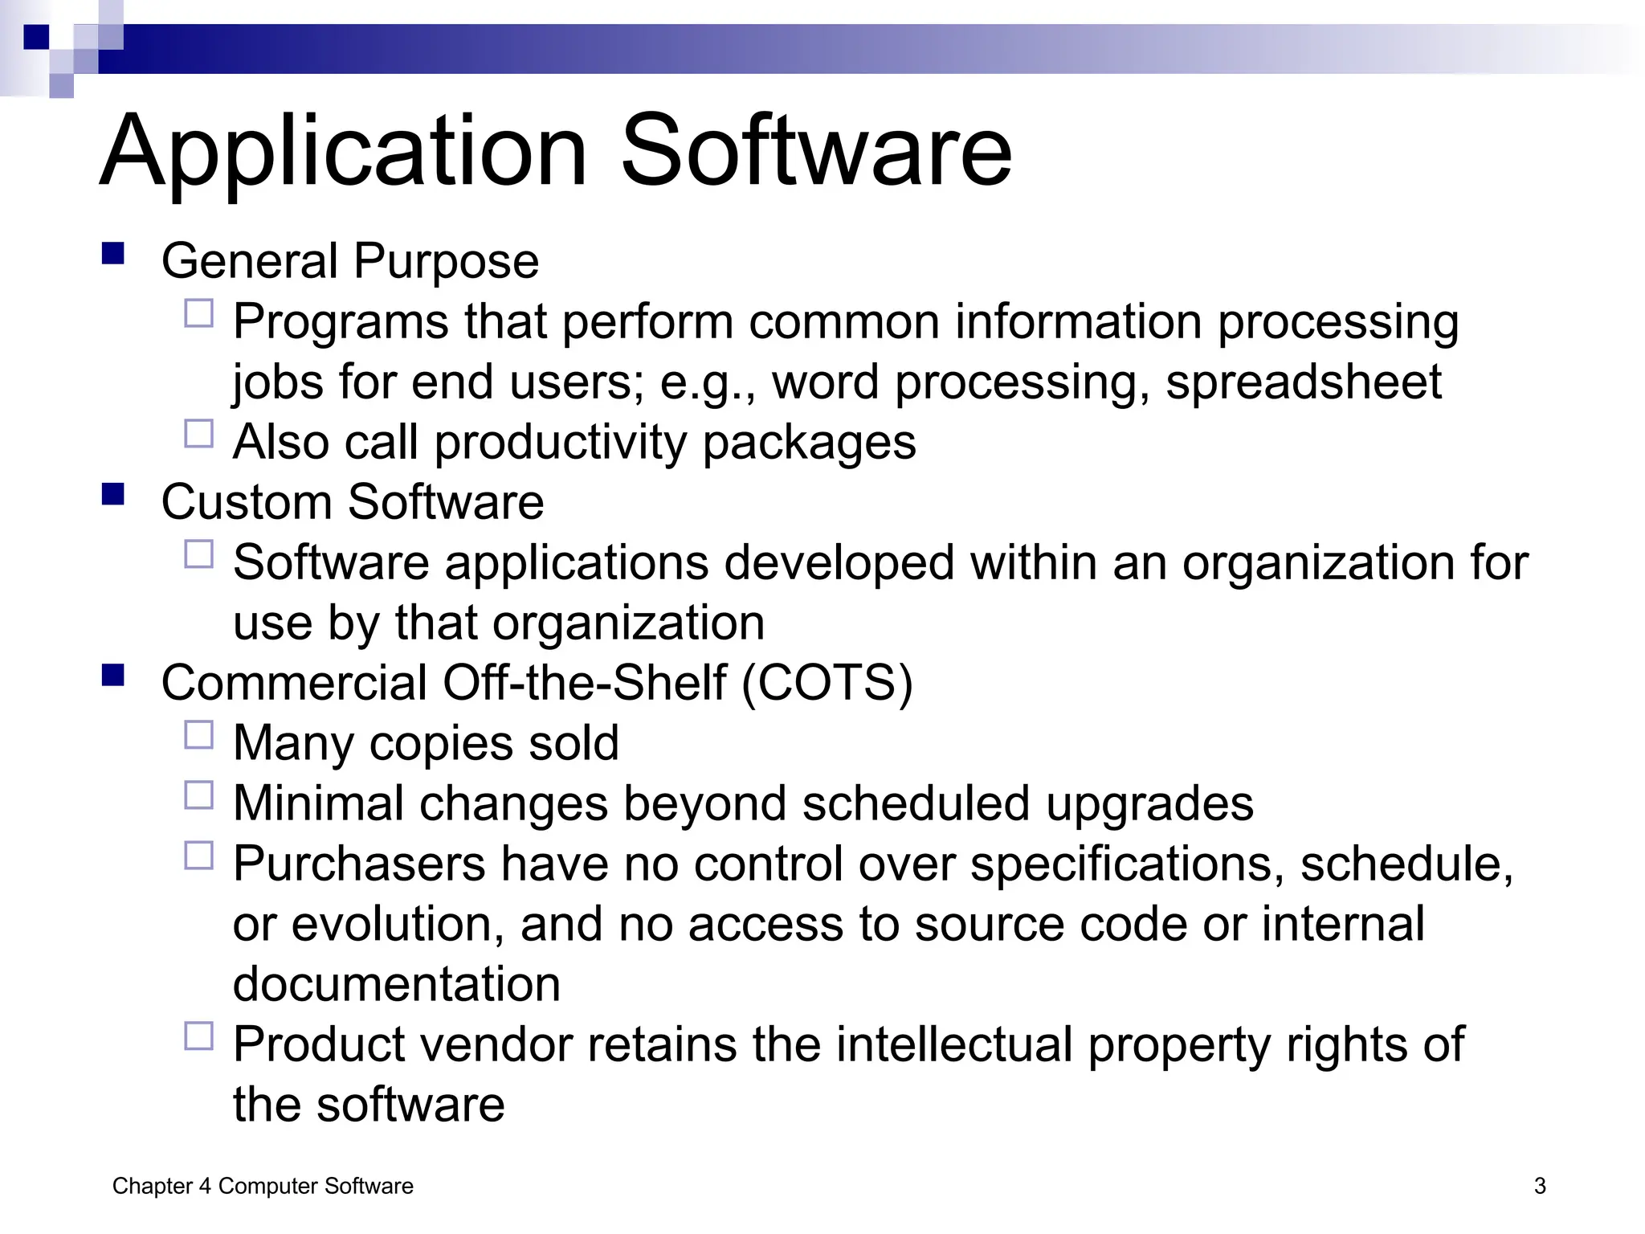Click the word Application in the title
coord(344,153)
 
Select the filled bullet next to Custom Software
coord(113,494)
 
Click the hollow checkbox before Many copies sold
coord(199,735)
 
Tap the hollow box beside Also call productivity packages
coord(199,434)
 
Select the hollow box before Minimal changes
coord(199,795)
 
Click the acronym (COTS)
coord(827,683)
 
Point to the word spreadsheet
coord(1303,382)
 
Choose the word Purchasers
coord(359,864)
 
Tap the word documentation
coord(397,985)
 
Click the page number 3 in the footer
coord(1540,1186)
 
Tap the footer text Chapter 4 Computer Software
coord(263,1186)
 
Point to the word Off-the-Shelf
coord(584,683)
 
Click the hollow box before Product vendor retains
coord(199,1036)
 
